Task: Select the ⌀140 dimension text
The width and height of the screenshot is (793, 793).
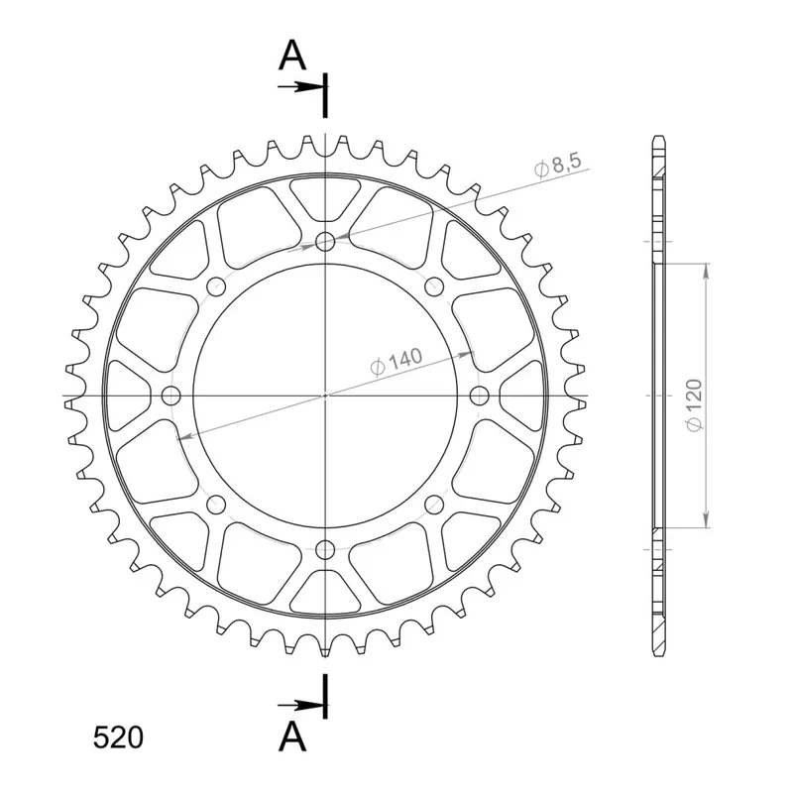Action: click(x=396, y=362)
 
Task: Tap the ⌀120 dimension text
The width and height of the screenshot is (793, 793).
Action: click(x=695, y=405)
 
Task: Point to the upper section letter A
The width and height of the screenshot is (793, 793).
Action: click(x=292, y=56)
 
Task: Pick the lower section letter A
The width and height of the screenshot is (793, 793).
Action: click(x=292, y=736)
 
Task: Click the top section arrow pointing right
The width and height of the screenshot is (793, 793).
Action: click(x=300, y=87)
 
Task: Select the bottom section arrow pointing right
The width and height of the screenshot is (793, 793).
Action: click(x=300, y=705)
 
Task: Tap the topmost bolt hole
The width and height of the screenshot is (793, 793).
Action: click(x=325, y=242)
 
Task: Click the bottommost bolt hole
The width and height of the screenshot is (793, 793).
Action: click(x=325, y=549)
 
